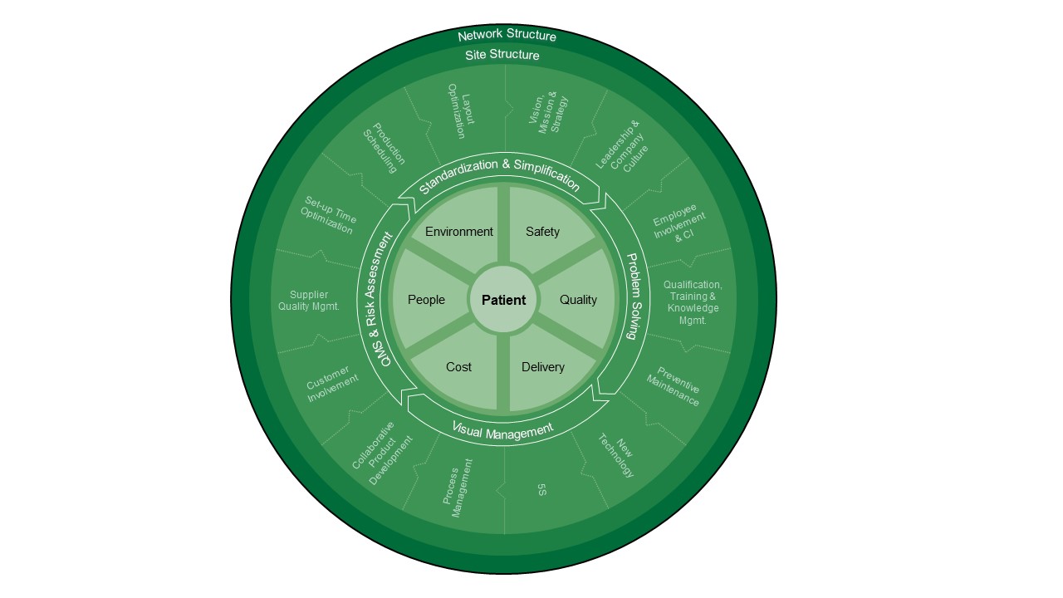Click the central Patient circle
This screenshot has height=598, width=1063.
[503, 300]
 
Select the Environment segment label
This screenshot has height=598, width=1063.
[459, 232]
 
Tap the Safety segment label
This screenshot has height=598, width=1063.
[542, 232]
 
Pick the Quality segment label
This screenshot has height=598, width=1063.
[578, 300]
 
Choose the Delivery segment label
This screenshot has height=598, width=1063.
[543, 367]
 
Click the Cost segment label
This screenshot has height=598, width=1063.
[458, 367]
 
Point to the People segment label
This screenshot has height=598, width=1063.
[426, 300]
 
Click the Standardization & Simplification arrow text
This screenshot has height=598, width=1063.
[499, 175]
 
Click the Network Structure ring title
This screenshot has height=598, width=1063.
[507, 36]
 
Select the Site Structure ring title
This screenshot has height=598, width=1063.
[502, 55]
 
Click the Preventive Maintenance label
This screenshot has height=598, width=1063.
[673, 387]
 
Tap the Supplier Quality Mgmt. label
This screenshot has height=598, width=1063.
[309, 301]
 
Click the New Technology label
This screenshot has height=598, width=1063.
[616, 456]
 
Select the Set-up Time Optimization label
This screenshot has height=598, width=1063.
[328, 215]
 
